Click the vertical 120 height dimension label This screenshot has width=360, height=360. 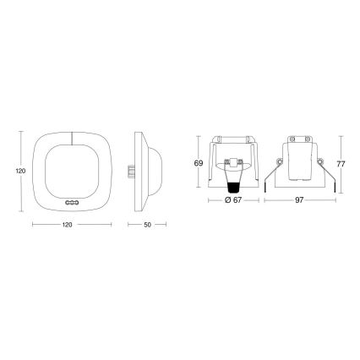pyautogui.click(x=17, y=168)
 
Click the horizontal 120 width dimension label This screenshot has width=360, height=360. pyautogui.click(x=71, y=225)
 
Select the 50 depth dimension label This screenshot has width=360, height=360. pyautogui.click(x=149, y=225)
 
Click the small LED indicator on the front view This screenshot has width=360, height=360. pyautogui.click(x=72, y=203)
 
